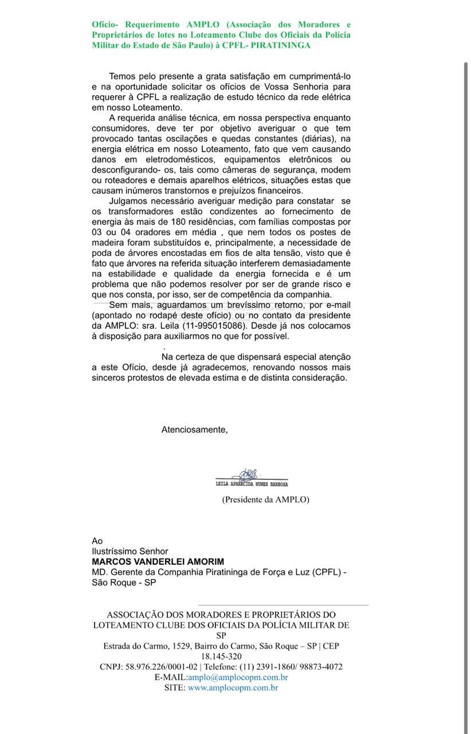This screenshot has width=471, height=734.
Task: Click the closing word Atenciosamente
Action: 194,430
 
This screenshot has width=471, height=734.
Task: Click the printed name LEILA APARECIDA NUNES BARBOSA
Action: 252,484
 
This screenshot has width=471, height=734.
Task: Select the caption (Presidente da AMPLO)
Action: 266,499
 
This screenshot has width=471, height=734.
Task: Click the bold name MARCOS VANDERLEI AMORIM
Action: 158,561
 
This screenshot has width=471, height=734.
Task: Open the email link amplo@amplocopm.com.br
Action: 238,677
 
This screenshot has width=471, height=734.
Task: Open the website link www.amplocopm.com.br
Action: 233,688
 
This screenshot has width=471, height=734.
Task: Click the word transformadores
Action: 140,212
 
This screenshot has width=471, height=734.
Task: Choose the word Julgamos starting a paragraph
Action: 129,201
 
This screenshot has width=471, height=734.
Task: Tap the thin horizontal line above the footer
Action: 283,605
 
